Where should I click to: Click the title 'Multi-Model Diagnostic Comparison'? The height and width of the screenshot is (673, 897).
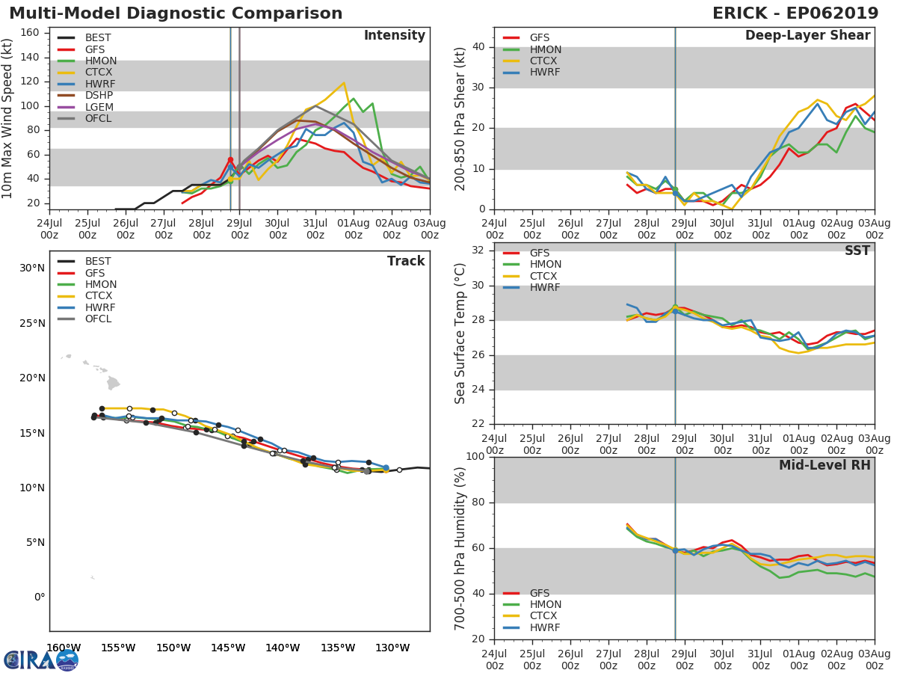176,13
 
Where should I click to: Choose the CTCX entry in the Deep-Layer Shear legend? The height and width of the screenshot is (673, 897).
545,61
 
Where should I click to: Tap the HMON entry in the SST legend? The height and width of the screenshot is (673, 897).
545,265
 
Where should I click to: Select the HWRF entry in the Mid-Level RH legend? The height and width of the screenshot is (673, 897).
545,628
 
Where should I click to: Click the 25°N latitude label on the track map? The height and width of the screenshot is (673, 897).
32,323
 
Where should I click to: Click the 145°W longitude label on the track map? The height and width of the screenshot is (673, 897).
228,648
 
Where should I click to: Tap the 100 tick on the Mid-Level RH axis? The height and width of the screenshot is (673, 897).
475,457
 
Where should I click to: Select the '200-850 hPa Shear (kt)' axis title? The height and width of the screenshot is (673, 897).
460,118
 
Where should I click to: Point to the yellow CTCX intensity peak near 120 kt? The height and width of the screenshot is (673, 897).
343,83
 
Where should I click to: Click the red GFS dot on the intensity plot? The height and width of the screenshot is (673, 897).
230,159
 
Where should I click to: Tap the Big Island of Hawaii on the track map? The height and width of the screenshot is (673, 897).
113,383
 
